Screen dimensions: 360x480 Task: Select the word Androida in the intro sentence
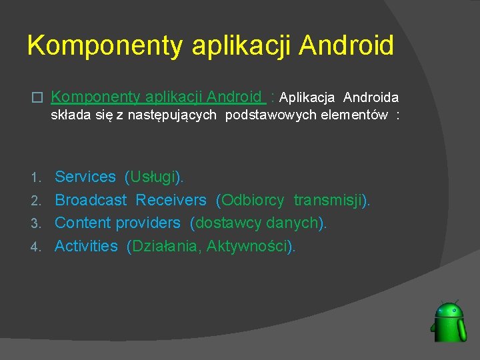pos(371,98)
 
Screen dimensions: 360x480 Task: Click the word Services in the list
pos(85,177)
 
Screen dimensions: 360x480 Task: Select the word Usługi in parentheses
pos(154,177)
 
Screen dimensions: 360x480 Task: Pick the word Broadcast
pos(91,200)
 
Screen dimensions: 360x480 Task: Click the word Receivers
pos(171,200)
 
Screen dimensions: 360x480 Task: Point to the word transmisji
pos(329,200)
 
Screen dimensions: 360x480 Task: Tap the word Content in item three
pos(83,223)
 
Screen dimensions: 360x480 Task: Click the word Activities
pos(86,246)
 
